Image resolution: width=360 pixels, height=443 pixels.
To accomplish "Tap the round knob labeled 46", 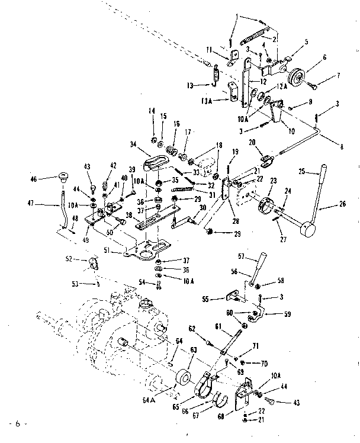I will (x=62, y=176).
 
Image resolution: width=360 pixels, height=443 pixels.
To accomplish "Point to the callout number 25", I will (x=302, y=172).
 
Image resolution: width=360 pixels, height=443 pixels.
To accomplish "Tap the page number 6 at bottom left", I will (x=18, y=424).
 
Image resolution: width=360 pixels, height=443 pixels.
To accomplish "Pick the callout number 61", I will (x=217, y=325).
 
